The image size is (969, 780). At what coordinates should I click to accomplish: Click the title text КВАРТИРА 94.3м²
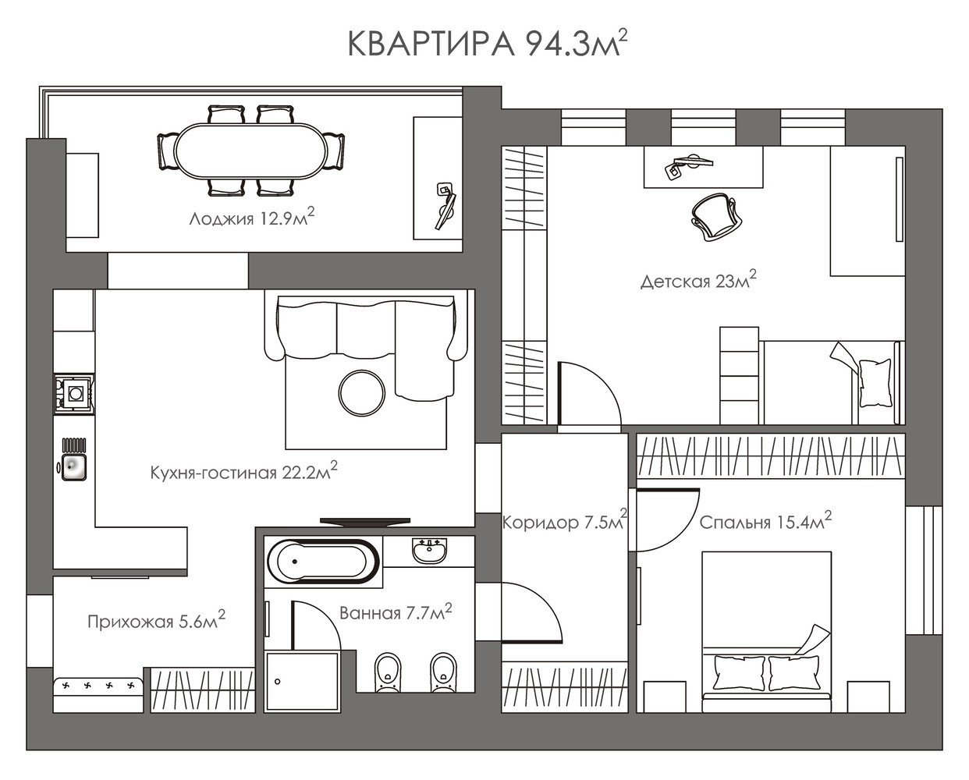(488, 43)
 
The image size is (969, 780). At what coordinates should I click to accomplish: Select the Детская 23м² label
(698, 280)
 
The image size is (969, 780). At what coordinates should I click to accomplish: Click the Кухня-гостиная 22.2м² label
(243, 471)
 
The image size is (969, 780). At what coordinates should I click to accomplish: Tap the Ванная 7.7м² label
(396, 612)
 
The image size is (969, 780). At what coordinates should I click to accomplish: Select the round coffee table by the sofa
(362, 392)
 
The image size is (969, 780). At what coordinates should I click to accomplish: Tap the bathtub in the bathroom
(323, 562)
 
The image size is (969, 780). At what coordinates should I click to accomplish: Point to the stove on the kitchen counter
(74, 394)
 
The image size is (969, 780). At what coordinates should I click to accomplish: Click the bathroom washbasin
(430, 550)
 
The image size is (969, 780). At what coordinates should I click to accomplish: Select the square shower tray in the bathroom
(302, 682)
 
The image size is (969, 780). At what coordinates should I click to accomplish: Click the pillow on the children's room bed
(875, 383)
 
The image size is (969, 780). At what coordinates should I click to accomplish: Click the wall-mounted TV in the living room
(365, 522)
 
